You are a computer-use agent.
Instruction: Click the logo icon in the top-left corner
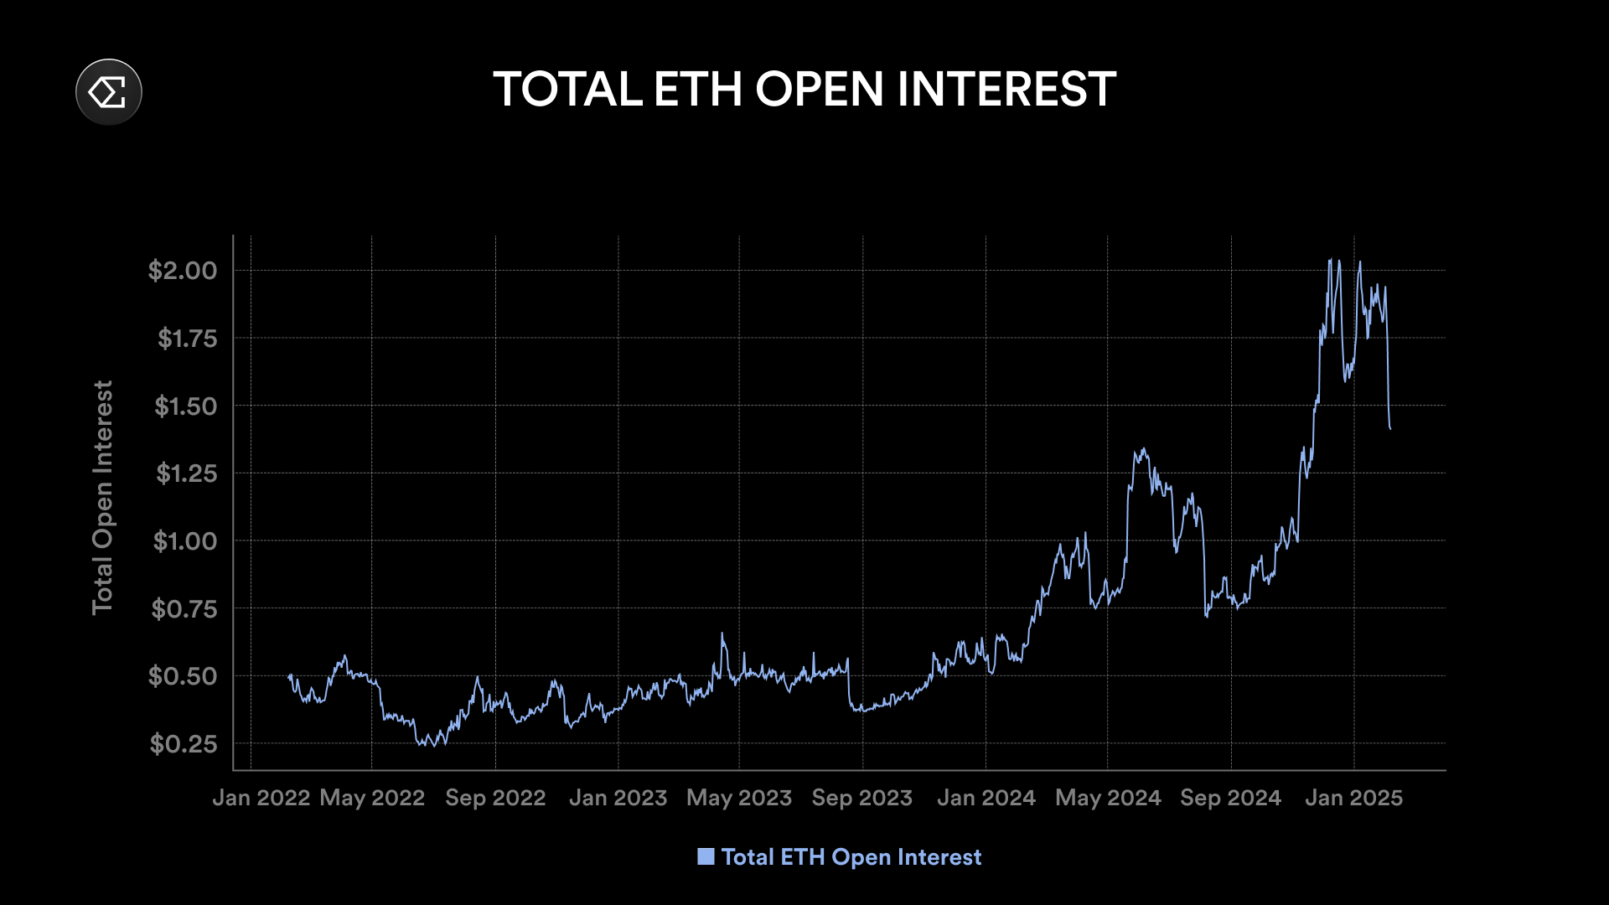click(109, 91)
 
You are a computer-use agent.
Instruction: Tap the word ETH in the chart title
click(697, 90)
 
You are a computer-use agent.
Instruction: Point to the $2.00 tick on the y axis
click(183, 271)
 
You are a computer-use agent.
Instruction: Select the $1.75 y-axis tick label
click(187, 339)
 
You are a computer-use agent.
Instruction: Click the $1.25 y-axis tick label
click(186, 473)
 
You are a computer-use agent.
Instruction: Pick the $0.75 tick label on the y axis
click(184, 609)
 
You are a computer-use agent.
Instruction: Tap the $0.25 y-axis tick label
click(183, 744)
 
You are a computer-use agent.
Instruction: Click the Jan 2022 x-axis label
click(261, 798)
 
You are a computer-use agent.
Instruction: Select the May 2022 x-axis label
click(372, 798)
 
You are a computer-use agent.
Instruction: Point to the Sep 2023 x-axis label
click(861, 798)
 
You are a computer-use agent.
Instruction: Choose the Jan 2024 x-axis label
click(986, 798)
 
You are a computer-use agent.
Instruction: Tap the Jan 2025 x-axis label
click(1353, 798)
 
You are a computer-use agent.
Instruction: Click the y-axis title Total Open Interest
click(102, 498)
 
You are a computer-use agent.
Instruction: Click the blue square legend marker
click(706, 856)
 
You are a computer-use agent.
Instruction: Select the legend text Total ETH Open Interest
click(851, 857)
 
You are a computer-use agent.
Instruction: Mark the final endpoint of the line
click(1390, 429)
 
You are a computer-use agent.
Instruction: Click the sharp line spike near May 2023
click(722, 633)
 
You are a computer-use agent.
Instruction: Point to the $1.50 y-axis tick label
click(185, 406)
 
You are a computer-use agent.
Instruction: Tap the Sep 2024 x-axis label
click(1230, 798)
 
